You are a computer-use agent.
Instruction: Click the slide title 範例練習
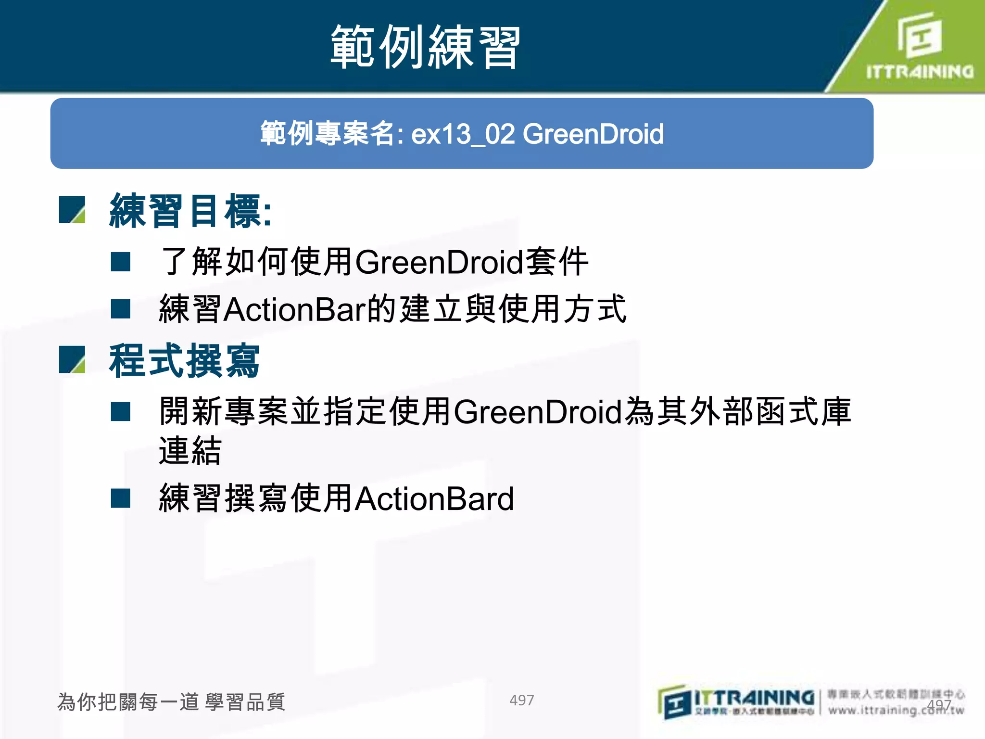425,47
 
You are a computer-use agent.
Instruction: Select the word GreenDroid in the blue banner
593,134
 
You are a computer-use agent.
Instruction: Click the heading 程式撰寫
184,361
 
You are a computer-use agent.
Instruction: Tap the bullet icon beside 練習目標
72,210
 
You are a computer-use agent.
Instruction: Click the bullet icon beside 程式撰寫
72,360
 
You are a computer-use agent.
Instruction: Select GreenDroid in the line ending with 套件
439,262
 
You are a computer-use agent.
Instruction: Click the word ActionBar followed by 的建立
295,309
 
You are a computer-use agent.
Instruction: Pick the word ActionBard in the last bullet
434,498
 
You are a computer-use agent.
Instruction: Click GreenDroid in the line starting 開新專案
538,412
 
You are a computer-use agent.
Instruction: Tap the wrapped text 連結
190,451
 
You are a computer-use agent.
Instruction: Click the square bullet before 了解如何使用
120,262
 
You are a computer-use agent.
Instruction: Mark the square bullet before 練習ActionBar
120,309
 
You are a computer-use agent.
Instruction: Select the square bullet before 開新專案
120,412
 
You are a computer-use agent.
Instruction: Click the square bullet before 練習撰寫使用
120,498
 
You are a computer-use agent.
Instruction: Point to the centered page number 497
521,700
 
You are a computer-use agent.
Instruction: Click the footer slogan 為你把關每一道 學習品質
171,702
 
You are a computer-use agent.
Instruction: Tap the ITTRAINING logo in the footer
736,702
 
